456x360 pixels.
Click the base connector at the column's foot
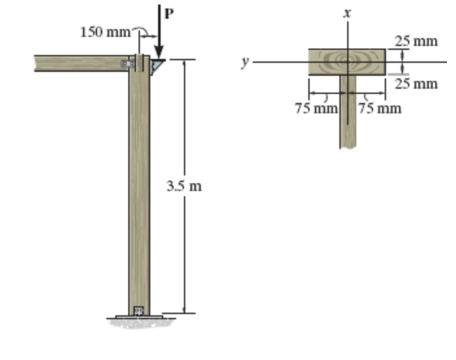pos(139,311)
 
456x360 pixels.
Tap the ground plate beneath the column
pos(139,318)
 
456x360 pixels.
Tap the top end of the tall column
pos(139,56)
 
